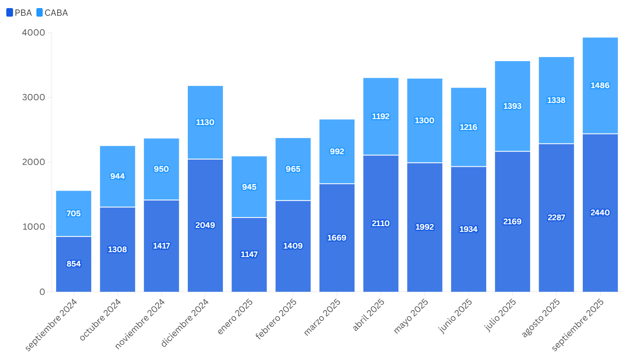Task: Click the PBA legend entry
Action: [19, 13]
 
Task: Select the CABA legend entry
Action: [52, 13]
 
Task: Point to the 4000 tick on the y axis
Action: [34, 33]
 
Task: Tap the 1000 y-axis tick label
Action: [34, 227]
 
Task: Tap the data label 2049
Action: [205, 225]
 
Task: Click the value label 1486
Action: [600, 85]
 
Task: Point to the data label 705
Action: [74, 213]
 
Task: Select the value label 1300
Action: [425, 120]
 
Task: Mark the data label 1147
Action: [249, 254]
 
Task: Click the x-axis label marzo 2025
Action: [323, 317]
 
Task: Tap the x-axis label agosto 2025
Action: [541, 318]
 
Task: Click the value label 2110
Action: [381, 223]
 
